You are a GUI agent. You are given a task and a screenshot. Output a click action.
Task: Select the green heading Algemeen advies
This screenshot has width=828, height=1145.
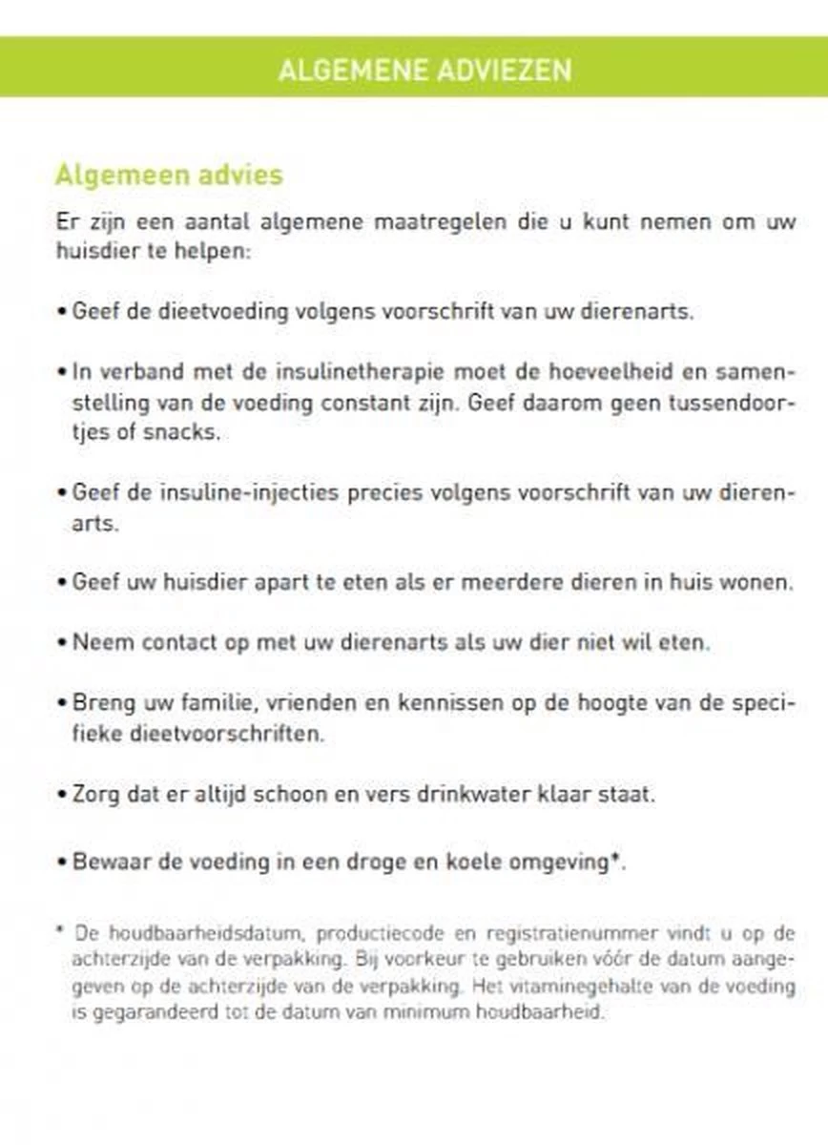pyautogui.click(x=169, y=176)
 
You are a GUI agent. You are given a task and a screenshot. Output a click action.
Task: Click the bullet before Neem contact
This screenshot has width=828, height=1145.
pyautogui.click(x=62, y=642)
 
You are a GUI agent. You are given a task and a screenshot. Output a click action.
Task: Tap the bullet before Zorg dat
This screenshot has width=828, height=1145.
pyautogui.click(x=62, y=794)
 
